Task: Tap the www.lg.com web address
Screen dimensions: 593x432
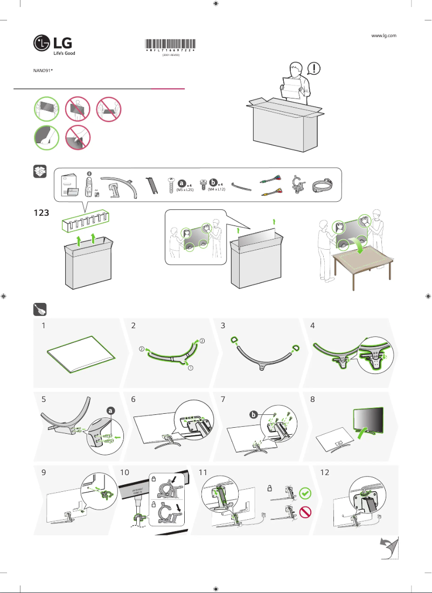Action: (x=384, y=36)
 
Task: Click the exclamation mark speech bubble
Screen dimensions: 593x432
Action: (x=314, y=68)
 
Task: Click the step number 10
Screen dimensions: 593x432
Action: (x=125, y=472)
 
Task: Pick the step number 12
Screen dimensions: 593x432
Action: (x=325, y=472)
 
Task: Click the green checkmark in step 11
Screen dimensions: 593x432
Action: (x=305, y=492)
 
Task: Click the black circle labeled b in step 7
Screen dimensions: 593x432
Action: (x=253, y=414)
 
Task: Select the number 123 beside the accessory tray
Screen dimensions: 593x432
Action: (x=42, y=213)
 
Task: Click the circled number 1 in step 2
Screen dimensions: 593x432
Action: (x=190, y=369)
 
